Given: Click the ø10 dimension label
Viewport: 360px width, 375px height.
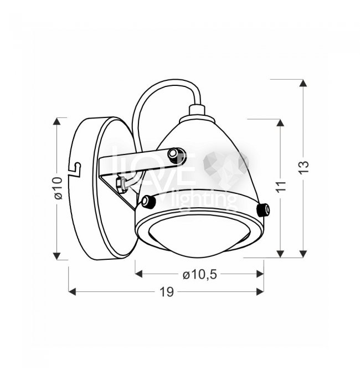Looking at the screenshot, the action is pos(58,188).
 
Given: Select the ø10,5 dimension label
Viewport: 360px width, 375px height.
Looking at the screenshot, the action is pos(200,274).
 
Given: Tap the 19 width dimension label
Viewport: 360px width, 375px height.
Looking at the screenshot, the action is pos(167,292).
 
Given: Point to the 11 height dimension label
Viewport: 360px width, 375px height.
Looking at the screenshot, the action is pos(281,187).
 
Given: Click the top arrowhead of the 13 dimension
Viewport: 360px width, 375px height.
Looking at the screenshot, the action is pos(304,83).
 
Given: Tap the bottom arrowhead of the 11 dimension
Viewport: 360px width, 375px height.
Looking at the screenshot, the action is pos(280,254).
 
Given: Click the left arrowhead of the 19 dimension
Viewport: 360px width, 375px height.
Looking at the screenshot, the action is pos(72,292).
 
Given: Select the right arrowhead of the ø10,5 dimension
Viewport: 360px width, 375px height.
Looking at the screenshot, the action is pos(260,274).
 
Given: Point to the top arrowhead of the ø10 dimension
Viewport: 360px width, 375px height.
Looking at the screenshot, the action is pos(56,121).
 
